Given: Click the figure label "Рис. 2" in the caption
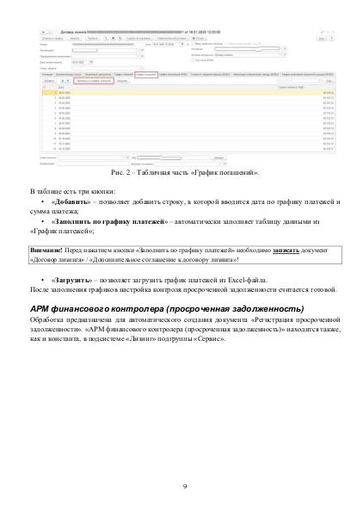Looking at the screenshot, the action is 133,173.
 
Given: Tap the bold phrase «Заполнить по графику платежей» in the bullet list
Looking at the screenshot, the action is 106,223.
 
